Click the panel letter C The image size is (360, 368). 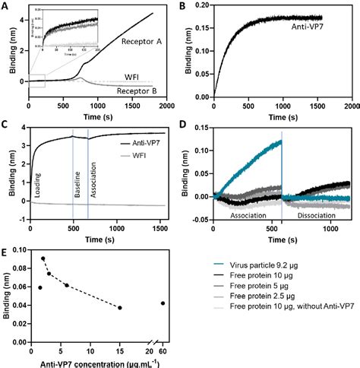click(x=7, y=122)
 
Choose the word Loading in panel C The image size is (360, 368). click(x=36, y=186)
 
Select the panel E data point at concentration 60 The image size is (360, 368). click(x=163, y=303)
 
